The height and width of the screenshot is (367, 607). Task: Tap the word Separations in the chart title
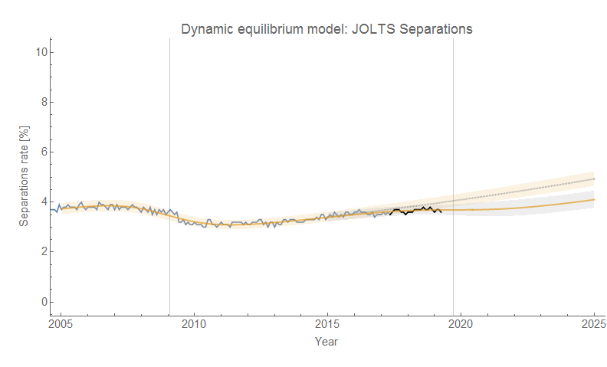tap(432, 30)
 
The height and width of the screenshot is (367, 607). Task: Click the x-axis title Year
tap(327, 341)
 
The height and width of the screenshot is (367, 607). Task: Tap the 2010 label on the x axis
tap(194, 324)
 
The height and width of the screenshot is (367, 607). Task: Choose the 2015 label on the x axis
tap(327, 324)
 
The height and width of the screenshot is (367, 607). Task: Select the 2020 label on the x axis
tap(461, 324)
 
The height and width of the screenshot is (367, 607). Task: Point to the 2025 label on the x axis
tap(593, 324)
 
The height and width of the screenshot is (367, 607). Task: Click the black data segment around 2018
tap(415, 210)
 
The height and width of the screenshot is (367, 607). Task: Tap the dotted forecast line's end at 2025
tap(593, 179)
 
